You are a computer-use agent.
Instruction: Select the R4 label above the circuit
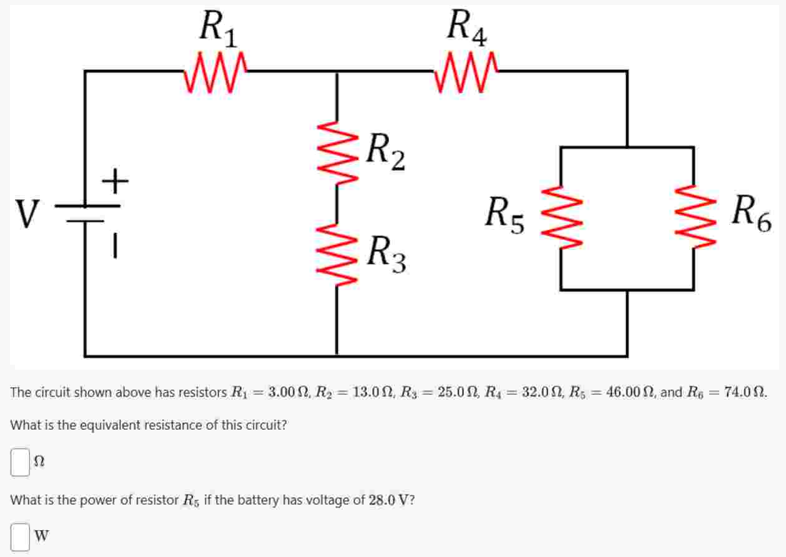click(468, 29)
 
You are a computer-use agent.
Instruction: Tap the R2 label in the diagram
click(386, 151)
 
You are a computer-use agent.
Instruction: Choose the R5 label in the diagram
click(506, 214)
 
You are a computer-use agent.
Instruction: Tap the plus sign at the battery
click(115, 182)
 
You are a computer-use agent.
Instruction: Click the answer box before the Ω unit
click(21, 462)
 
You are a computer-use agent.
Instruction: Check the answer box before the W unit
click(21, 536)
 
